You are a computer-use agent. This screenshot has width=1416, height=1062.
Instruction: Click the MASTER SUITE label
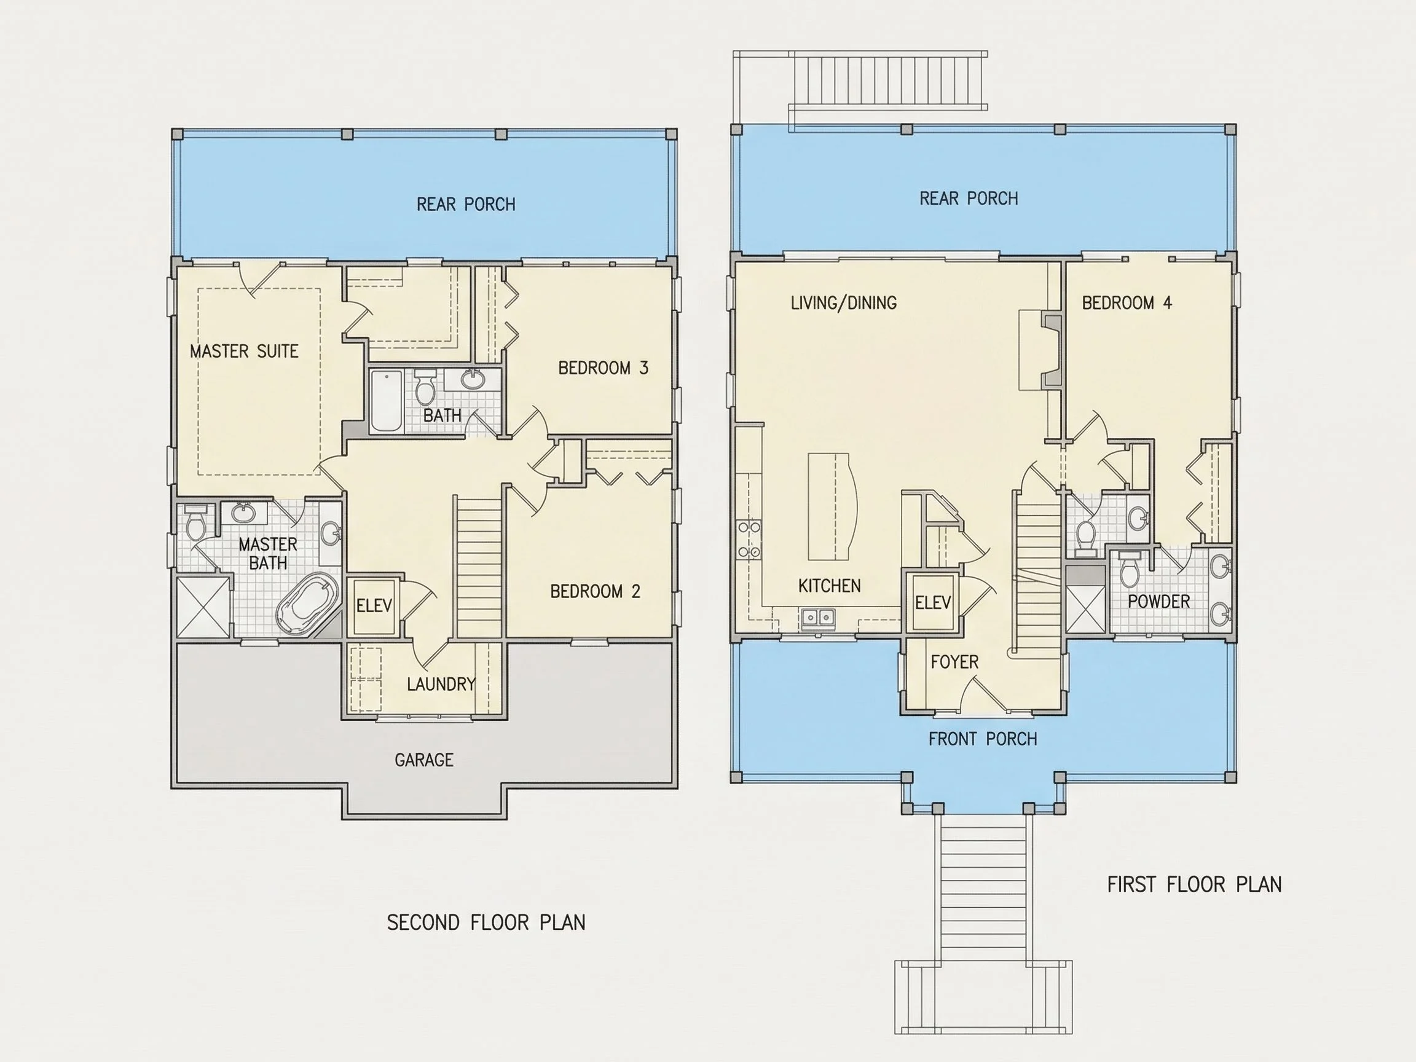[x=244, y=351]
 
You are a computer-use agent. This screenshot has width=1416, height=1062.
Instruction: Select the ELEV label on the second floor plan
[x=374, y=605]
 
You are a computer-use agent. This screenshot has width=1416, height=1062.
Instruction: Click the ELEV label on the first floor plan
[x=933, y=602]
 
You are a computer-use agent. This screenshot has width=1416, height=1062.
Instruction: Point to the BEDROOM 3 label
[x=603, y=368]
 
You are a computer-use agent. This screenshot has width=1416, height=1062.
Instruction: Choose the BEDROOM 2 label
[x=595, y=591]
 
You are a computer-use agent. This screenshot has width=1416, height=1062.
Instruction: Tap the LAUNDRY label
[x=441, y=684]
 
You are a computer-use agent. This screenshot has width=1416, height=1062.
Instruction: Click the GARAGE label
[x=424, y=760]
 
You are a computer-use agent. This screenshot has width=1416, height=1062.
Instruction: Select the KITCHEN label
[x=829, y=586]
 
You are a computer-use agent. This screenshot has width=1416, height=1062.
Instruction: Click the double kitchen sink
[x=817, y=618]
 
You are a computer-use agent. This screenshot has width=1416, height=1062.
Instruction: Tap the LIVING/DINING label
[x=843, y=303]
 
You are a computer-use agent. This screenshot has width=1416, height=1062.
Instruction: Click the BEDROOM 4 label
[x=1127, y=303]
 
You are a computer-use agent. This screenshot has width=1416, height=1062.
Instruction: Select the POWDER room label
[x=1158, y=602]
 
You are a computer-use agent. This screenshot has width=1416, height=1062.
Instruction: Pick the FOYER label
[x=954, y=662]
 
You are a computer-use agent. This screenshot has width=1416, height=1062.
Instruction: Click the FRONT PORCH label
[x=983, y=739]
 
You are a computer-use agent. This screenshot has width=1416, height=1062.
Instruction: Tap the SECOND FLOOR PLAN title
[x=486, y=922]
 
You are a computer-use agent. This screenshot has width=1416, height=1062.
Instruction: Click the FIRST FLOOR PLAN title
[x=1195, y=884]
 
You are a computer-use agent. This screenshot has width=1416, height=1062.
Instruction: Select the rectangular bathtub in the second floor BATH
[x=387, y=401]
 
